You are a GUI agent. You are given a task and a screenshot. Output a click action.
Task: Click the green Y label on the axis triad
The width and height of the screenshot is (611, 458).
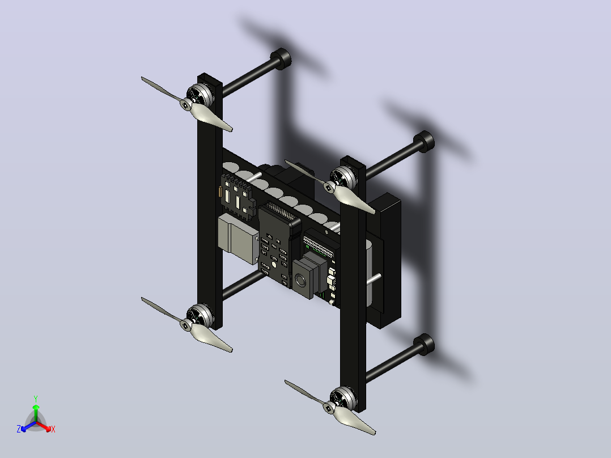[36, 398]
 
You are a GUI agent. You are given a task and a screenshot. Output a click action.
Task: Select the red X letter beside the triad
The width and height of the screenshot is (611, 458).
[53, 429]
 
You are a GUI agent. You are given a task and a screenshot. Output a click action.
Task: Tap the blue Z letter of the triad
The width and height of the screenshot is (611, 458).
[19, 429]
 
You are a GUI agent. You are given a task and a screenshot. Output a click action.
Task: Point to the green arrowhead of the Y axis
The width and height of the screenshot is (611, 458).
[36, 407]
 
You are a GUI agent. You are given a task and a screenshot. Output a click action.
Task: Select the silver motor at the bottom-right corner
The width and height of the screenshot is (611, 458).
[344, 398]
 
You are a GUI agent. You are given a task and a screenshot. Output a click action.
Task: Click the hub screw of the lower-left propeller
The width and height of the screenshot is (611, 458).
[185, 325]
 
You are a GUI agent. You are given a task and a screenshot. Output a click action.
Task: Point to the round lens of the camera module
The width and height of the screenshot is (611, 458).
[301, 279]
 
